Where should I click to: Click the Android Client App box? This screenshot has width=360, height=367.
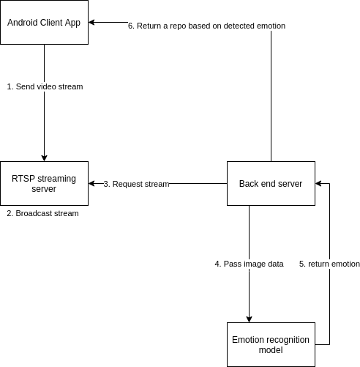coord(44,22)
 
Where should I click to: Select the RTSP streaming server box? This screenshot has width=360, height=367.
coord(44,183)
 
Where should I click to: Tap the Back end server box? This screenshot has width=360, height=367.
coord(271,183)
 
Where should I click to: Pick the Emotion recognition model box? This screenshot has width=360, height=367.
coord(271,344)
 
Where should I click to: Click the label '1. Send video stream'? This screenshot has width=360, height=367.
coord(45,86)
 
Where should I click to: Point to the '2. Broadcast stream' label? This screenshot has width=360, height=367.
coord(42,213)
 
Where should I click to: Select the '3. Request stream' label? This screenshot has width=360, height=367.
coord(136,184)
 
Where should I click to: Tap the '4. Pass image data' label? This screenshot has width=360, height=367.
coord(249,264)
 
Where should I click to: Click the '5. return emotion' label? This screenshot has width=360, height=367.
coord(329,264)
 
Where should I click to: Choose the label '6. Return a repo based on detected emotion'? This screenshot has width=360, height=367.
coord(207,26)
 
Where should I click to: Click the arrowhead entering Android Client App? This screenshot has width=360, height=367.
coord(91,22)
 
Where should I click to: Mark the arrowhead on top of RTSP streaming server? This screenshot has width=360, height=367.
coord(44,158)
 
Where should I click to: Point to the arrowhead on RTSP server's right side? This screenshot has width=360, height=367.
coord(91,183)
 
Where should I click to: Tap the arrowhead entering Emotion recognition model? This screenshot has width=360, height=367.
coord(249,319)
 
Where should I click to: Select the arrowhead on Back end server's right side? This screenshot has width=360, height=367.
coord(318,183)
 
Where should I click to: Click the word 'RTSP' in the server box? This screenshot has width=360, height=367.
coord(23,179)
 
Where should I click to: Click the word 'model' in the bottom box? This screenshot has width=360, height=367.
coord(271,350)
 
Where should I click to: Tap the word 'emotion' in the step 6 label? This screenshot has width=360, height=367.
coord(271,26)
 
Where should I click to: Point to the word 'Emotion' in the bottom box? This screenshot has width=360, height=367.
coord(247,340)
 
